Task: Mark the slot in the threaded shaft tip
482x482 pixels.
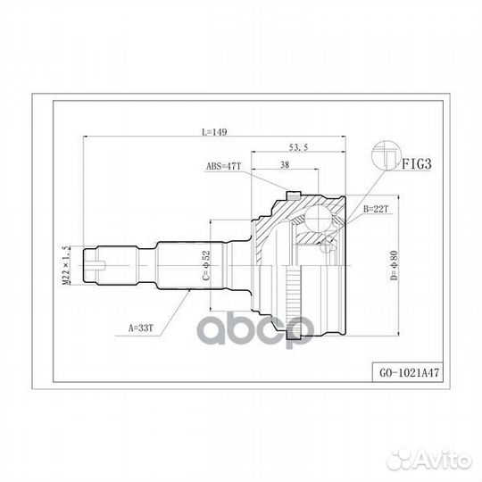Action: click(100, 262)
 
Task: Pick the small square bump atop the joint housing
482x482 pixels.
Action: click(291, 194)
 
